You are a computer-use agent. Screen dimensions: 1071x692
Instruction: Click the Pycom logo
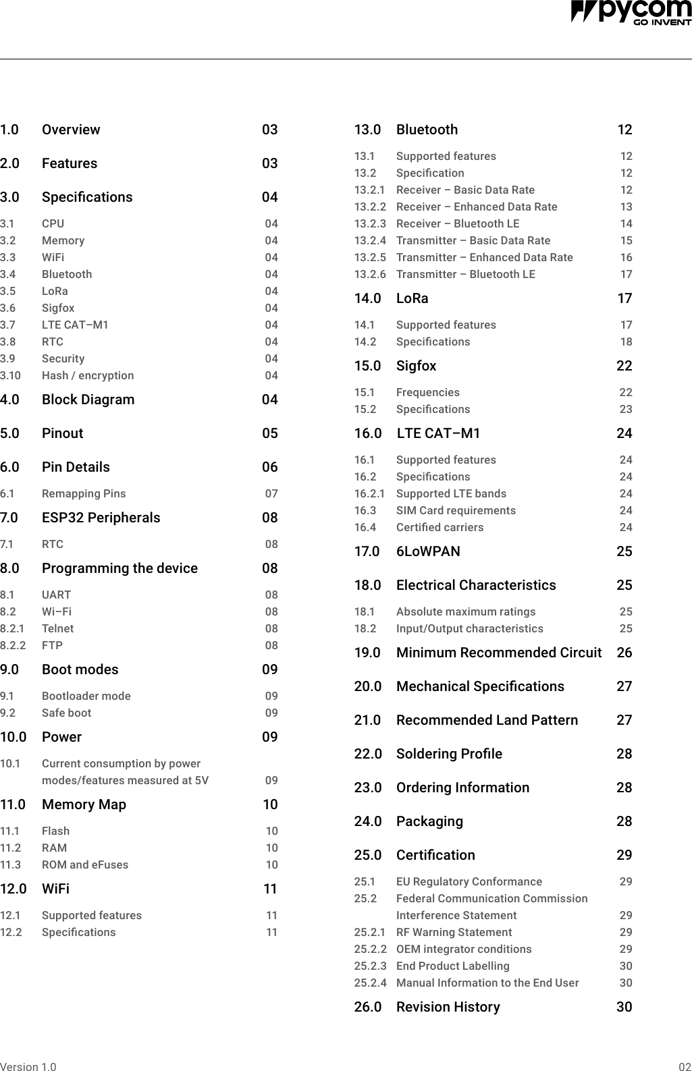pyautogui.click(x=631, y=12)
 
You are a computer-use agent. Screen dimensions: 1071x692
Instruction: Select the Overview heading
pyautogui.click(x=71, y=130)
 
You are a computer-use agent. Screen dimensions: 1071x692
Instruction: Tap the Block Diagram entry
pyautogui.click(x=88, y=400)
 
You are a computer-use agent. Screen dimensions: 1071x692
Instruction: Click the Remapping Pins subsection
pyautogui.click(x=84, y=493)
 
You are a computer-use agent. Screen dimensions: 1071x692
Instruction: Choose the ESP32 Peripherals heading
pyautogui.click(x=101, y=518)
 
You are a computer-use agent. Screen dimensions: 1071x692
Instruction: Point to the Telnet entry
pyautogui.click(x=58, y=628)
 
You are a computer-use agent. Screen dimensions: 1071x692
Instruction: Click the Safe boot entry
pyautogui.click(x=66, y=713)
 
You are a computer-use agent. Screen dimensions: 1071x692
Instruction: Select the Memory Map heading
pyautogui.click(x=84, y=804)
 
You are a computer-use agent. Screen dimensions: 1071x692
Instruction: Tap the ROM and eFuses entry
pyautogui.click(x=85, y=864)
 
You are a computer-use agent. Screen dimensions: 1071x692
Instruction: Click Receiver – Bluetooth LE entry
pyautogui.click(x=458, y=223)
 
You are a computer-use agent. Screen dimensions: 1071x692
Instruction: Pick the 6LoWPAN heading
pyautogui.click(x=428, y=551)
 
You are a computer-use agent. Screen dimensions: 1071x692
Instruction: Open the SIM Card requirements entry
pyautogui.click(x=456, y=510)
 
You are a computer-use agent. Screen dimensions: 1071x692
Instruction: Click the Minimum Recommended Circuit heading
pyautogui.click(x=499, y=653)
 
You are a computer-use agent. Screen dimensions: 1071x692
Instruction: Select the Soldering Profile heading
pyautogui.click(x=449, y=754)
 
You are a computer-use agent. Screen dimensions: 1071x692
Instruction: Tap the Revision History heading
pyautogui.click(x=448, y=1007)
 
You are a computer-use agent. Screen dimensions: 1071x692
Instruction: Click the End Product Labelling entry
pyautogui.click(x=453, y=966)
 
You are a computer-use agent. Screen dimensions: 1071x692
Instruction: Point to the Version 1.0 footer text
pyautogui.click(x=28, y=1067)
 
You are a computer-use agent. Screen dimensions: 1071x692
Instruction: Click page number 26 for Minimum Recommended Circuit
pyautogui.click(x=624, y=653)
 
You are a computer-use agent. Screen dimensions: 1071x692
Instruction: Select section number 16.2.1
pyautogui.click(x=370, y=493)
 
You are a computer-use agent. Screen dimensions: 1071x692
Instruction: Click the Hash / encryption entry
pyautogui.click(x=88, y=375)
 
